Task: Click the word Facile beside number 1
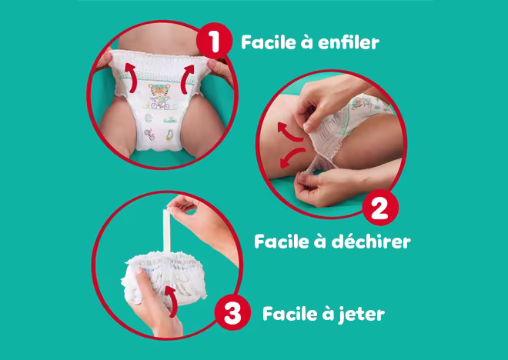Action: [270, 42]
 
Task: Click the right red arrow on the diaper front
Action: [187, 75]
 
